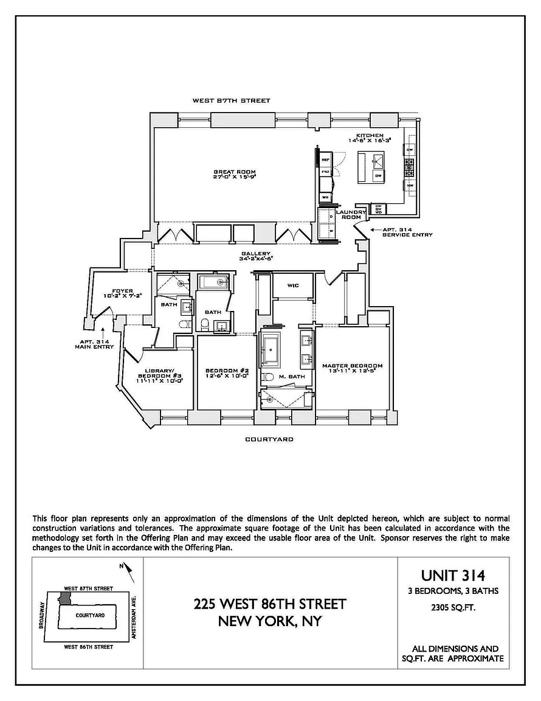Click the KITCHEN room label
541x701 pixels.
click(x=370, y=134)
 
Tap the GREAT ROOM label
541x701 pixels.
click(x=233, y=172)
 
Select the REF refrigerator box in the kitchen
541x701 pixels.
click(x=325, y=159)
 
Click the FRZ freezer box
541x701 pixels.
click(x=325, y=172)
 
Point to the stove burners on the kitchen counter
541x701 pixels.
click(x=410, y=164)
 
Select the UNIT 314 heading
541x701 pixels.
click(x=453, y=574)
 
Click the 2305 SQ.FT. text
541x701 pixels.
click(x=453, y=606)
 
